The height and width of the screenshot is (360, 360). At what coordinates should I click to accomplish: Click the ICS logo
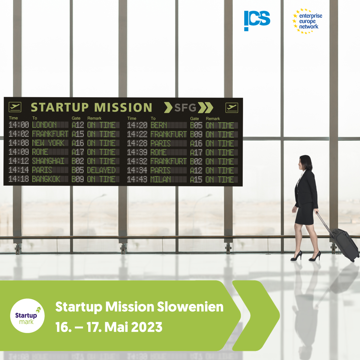click(x=257, y=21)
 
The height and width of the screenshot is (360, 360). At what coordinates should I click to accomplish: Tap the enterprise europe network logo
click(x=307, y=21)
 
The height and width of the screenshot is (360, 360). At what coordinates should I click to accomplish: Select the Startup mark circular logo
click(x=27, y=316)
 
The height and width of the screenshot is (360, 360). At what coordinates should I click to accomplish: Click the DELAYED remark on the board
click(x=101, y=170)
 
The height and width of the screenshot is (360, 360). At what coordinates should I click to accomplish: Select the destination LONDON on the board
click(x=44, y=125)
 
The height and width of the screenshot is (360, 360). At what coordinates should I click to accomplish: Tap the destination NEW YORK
click(x=48, y=143)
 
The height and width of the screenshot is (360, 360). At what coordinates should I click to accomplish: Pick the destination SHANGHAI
click(x=48, y=161)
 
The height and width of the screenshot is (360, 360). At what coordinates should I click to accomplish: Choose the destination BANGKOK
click(x=46, y=179)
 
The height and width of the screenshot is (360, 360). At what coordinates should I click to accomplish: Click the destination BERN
click(x=159, y=125)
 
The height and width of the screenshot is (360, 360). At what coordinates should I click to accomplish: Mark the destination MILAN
click(x=161, y=179)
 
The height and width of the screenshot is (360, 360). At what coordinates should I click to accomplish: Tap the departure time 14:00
click(x=19, y=125)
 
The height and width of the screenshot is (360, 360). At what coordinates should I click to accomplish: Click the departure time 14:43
click(x=137, y=179)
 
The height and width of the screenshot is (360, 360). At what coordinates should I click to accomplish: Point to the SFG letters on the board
click(x=185, y=108)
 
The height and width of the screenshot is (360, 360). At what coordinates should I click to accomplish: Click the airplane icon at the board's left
click(x=15, y=107)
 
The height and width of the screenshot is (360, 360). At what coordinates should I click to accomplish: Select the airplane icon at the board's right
click(x=232, y=108)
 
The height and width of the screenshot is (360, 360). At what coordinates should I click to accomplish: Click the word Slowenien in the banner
click(x=190, y=307)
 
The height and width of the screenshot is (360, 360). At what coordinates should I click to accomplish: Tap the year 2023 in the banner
click(x=147, y=327)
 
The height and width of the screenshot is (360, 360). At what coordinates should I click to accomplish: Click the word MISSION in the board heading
click(x=123, y=107)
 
